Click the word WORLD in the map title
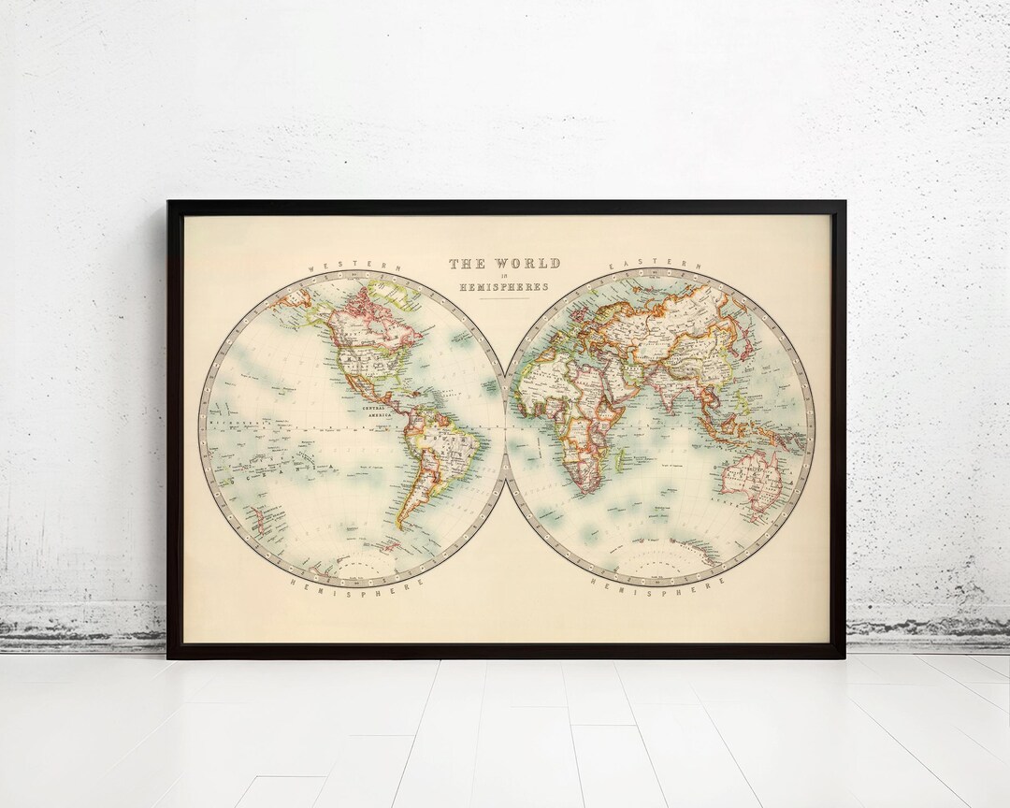pyautogui.click(x=528, y=264)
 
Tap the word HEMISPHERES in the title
pyautogui.click(x=504, y=287)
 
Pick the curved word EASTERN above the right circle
pyautogui.click(x=656, y=266)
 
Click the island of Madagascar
pyautogui.click(x=625, y=457)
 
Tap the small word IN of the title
pyautogui.click(x=504, y=276)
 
